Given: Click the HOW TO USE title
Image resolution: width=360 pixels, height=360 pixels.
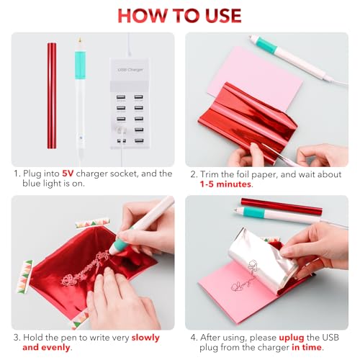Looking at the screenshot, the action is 179,16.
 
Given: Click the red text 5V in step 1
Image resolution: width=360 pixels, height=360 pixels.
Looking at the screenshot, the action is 68,174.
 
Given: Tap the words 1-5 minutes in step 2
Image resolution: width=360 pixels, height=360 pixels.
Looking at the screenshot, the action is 225,184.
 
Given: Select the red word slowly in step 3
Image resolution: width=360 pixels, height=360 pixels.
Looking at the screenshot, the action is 145,338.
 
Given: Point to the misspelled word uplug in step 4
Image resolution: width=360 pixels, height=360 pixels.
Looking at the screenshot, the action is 292,338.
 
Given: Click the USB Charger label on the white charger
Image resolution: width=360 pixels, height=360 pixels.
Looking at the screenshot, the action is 130,70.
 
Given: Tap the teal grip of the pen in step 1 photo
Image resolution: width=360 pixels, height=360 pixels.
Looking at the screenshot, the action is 80,66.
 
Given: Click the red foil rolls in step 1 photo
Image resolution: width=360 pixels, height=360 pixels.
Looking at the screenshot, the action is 52,96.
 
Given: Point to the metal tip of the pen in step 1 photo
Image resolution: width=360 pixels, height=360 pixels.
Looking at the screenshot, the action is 80,40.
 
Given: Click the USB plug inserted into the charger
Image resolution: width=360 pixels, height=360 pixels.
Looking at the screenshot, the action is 122,130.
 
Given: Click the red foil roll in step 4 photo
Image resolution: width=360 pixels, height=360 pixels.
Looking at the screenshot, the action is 282,207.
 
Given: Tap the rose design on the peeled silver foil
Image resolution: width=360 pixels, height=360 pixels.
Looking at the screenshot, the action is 253,267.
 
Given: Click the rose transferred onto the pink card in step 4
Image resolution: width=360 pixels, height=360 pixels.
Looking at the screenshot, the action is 238,287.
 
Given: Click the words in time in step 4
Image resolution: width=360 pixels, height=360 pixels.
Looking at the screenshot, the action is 307,348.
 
